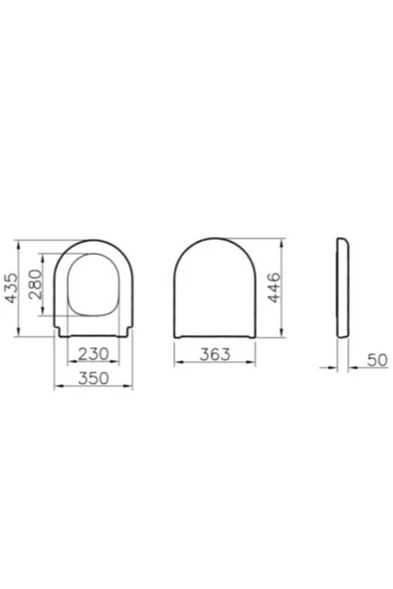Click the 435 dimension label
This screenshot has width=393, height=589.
12,288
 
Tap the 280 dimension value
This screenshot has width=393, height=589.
36,284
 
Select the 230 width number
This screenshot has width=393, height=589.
94,353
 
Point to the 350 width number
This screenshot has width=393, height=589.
94,378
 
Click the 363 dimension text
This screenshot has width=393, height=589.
215,354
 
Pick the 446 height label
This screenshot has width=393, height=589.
275,288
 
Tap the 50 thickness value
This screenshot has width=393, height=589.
377,360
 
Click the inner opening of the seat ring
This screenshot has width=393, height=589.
94,285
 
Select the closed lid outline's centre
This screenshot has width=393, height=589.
215,288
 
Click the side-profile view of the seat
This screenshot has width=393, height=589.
343,288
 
